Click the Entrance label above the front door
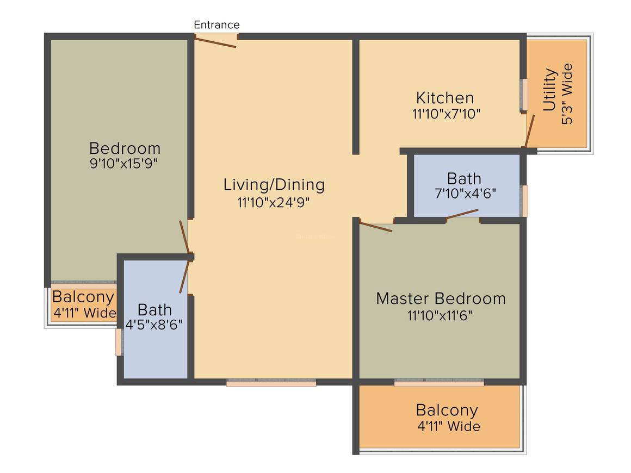pyautogui.click(x=216, y=25)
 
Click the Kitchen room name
pyautogui.click(x=444, y=98)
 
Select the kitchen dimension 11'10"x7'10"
pyautogui.click(x=446, y=114)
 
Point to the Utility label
pyautogui.click(x=550, y=89)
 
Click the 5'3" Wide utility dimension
pyautogui.click(x=567, y=94)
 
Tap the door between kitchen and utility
pyautogui.click(x=530, y=131)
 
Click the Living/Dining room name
pyautogui.click(x=274, y=185)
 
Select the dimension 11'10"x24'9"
pyautogui.click(x=273, y=202)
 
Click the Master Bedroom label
pyautogui.click(x=441, y=298)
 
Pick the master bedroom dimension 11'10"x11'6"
pyautogui.click(x=440, y=315)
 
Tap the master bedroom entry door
pyautogui.click(x=375, y=227)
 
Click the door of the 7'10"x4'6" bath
pyautogui.click(x=462, y=214)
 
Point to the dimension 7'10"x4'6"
pyautogui.click(x=465, y=194)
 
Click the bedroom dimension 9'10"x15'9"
pyautogui.click(x=123, y=164)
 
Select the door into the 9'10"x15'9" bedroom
pyautogui.click(x=184, y=237)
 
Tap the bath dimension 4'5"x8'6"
pyautogui.click(x=154, y=325)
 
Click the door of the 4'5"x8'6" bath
pyautogui.click(x=184, y=277)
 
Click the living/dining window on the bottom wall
pyautogui.click(x=271, y=383)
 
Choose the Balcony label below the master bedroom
pyautogui.click(x=447, y=410)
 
